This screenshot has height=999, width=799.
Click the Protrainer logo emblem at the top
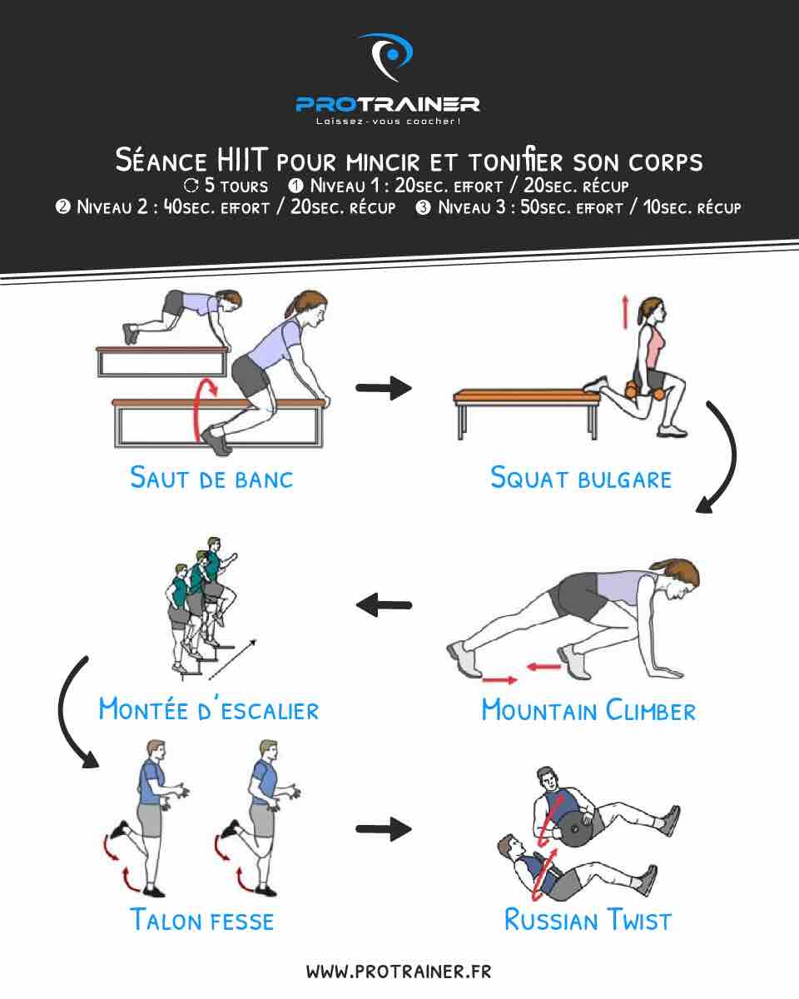386,57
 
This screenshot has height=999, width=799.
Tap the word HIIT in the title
243,160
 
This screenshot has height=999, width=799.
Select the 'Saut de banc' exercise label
211,478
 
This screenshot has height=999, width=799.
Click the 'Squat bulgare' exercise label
581,478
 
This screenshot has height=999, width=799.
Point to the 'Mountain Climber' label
588,710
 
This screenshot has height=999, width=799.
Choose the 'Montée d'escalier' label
209,709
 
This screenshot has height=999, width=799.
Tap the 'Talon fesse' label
202,920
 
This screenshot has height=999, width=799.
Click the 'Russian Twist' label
588,920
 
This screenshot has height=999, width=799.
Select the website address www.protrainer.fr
399,972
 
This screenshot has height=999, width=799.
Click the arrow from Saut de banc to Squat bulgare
384,388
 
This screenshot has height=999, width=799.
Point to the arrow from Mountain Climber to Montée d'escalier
384,605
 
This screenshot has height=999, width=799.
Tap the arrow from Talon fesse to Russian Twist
384,829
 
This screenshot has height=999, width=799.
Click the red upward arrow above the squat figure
625,312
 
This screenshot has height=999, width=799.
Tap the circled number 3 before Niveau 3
423,207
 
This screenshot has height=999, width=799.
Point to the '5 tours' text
236,186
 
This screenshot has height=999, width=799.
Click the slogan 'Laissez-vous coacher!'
388,122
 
